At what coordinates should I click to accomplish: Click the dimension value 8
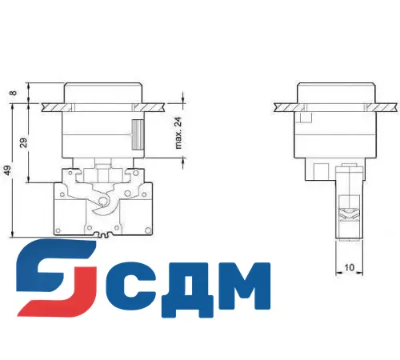pyautogui.click(x=14, y=93)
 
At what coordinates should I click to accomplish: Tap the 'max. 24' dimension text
pyautogui.click(x=179, y=132)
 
